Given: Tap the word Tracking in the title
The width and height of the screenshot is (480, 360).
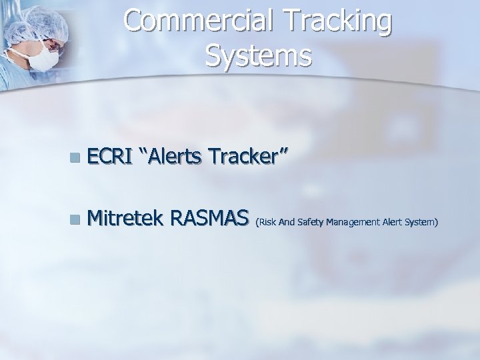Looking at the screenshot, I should point(345,22).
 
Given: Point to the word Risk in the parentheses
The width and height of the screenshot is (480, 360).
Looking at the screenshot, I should point(266,220).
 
